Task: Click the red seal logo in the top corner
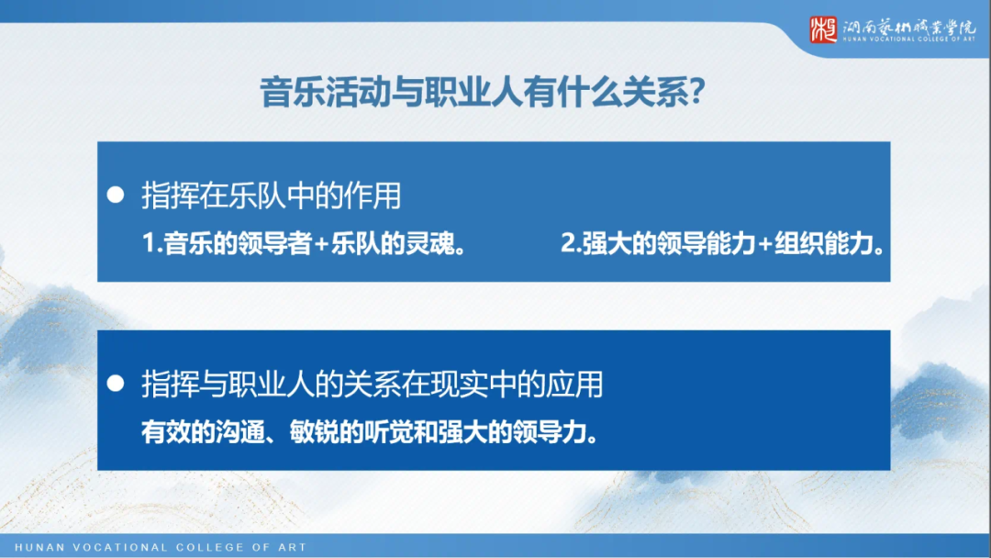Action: [x=823, y=29]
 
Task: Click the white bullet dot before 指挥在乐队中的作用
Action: [x=116, y=195]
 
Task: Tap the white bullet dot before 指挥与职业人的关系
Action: [x=116, y=384]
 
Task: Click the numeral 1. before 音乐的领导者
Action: [x=152, y=245]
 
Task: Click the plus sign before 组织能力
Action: [x=763, y=245]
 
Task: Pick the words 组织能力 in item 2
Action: [x=818, y=245]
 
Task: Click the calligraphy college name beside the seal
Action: [x=909, y=27]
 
